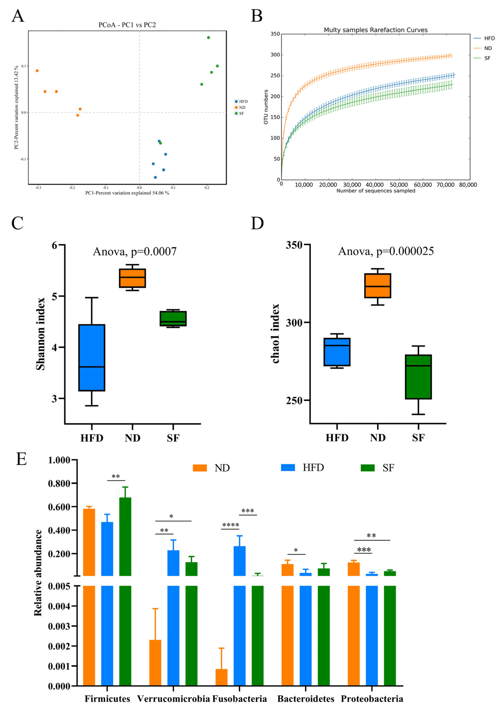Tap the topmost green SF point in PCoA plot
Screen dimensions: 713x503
coord(209,38)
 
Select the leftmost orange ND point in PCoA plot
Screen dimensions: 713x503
coord(37,71)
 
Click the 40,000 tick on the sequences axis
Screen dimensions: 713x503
coord(375,185)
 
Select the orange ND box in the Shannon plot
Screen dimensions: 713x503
coord(132,278)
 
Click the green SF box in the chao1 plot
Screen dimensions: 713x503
coord(418,377)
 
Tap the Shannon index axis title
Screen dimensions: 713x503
coord(40,334)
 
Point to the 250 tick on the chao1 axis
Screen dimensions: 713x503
coord(294,401)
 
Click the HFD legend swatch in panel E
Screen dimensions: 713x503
coord(288,468)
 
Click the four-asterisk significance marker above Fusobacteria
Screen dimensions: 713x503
coord(230,525)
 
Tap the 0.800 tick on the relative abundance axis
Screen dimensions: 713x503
coord(63,483)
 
